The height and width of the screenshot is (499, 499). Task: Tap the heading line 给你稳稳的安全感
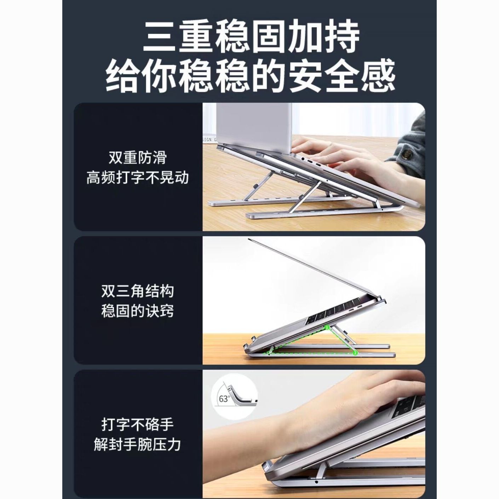(x=250, y=75)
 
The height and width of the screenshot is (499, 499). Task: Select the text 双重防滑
(x=138, y=157)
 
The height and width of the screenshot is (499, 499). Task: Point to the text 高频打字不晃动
(x=138, y=178)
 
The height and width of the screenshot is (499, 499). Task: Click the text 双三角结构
(x=138, y=291)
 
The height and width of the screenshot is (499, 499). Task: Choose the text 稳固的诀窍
(x=138, y=311)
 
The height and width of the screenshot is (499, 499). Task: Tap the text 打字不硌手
(x=138, y=425)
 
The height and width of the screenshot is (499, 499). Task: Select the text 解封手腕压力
(x=138, y=444)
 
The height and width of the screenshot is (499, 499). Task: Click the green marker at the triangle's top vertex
(x=327, y=328)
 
